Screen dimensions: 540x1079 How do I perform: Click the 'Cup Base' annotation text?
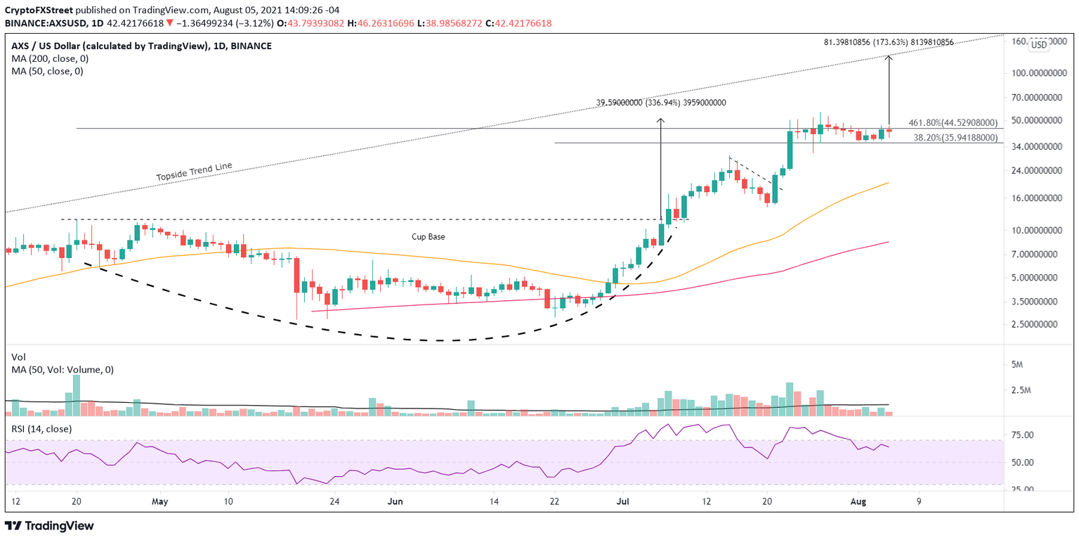click(428, 237)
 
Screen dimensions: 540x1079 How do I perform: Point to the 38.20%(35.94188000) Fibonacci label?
click(955, 138)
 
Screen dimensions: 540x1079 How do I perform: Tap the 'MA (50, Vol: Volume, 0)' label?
click(63, 370)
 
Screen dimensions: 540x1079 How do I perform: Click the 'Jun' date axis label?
click(395, 501)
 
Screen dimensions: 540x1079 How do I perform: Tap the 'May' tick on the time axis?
click(161, 501)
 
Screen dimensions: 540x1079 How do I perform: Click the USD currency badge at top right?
click(1038, 45)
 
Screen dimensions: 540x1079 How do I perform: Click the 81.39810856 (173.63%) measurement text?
click(888, 42)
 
